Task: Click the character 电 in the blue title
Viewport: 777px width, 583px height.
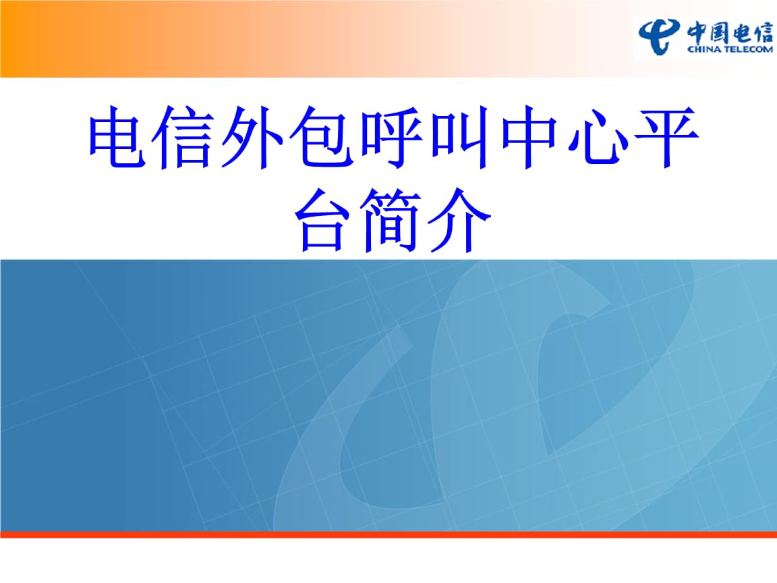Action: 122,142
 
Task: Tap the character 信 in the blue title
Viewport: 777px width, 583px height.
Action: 189,142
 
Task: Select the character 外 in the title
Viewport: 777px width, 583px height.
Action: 257,142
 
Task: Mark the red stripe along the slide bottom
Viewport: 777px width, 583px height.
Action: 388,534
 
